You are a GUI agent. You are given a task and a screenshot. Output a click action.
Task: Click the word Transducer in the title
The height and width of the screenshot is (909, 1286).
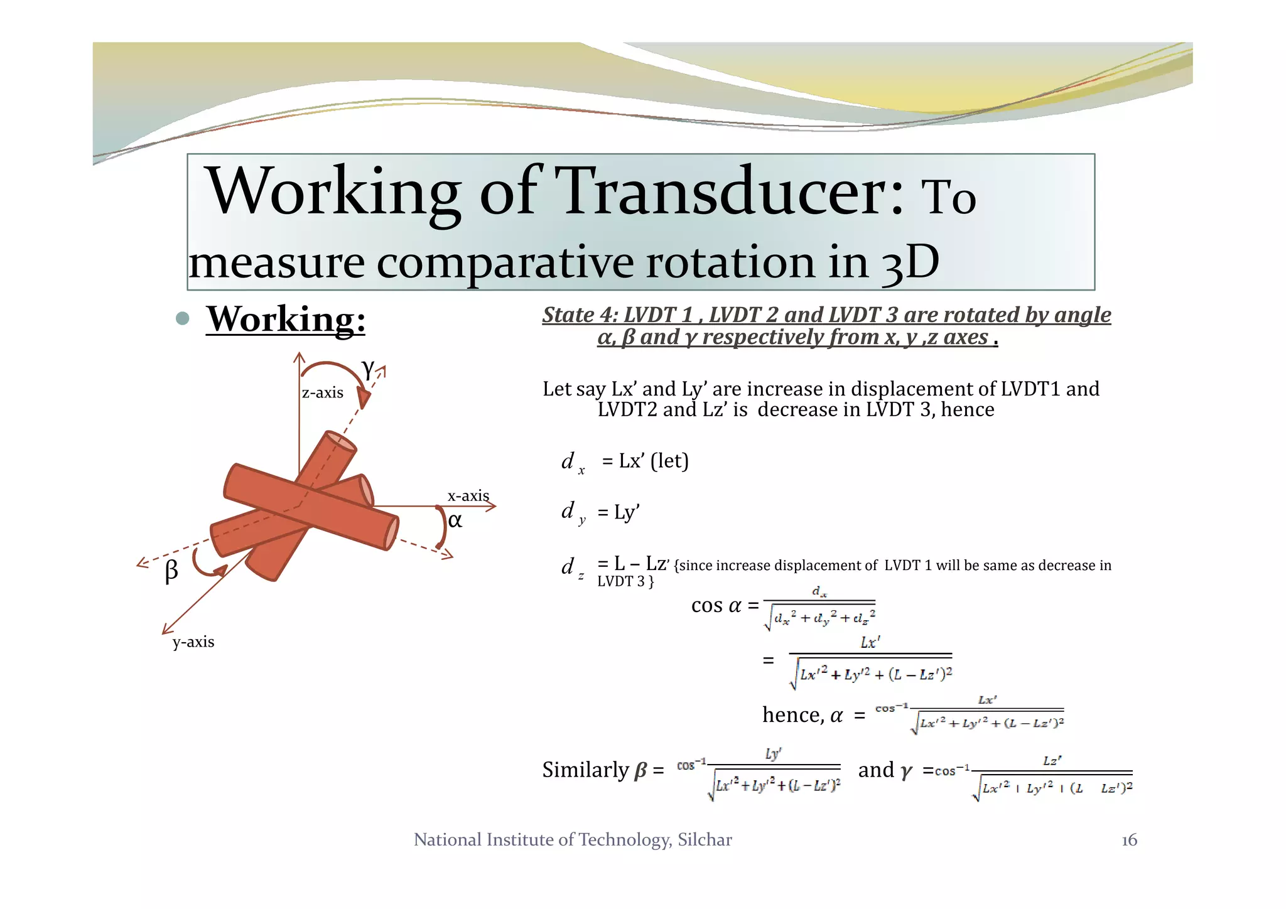(730, 192)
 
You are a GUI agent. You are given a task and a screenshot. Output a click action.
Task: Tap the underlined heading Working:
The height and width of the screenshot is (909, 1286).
(286, 320)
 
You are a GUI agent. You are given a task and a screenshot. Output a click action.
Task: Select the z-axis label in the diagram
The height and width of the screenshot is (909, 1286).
(322, 393)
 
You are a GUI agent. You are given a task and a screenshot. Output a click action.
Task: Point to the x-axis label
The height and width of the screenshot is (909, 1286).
(468, 496)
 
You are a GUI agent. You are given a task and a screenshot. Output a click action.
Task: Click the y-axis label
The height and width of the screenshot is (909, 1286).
(193, 642)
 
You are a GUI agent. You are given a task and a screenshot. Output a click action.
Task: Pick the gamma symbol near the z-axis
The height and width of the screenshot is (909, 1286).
(367, 368)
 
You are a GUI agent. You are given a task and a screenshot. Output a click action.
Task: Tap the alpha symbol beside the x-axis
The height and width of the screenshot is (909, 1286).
(455, 520)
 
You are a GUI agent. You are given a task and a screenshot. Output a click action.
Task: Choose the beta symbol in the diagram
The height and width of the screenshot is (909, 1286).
(171, 571)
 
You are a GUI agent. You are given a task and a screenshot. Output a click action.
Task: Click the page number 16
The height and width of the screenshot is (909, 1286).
(1129, 840)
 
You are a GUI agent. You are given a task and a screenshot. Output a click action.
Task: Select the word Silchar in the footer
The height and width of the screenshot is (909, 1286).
(705, 840)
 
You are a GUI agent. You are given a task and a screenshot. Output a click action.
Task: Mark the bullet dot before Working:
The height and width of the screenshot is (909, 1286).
(183, 318)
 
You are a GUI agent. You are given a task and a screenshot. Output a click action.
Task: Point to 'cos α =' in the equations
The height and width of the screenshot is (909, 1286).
(725, 606)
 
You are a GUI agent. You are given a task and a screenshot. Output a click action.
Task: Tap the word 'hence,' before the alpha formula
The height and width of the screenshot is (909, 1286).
(793, 715)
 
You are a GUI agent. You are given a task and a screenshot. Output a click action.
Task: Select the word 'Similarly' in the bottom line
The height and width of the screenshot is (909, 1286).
(585, 770)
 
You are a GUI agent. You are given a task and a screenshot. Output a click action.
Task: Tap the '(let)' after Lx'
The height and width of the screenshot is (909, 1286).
(669, 461)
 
